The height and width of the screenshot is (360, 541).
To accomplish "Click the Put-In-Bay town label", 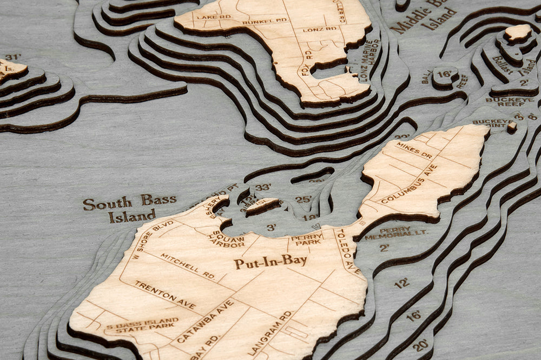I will pyautogui.click(x=270, y=262).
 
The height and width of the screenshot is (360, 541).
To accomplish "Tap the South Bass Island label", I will pyautogui.click(x=129, y=208).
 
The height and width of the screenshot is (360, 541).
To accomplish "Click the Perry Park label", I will pyautogui.click(x=307, y=239).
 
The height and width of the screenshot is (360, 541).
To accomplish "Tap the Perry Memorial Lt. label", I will pyautogui.click(x=395, y=234).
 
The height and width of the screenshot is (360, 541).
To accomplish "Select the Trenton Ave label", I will pyautogui.click(x=165, y=295).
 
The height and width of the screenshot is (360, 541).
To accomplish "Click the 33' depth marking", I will pyautogui.click(x=263, y=188).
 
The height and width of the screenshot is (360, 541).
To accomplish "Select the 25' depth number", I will pyautogui.click(x=303, y=199).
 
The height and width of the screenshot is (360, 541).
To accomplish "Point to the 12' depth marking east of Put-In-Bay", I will pyautogui.click(x=401, y=283).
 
